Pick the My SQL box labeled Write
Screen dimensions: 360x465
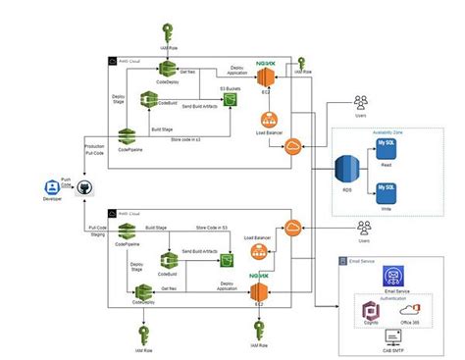pos(389,190)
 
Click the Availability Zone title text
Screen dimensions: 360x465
pos(389,132)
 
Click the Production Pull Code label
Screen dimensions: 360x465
pos(95,150)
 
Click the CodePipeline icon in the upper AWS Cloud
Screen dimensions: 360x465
pos(128,138)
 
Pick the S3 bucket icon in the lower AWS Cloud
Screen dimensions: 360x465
pos(227,261)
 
